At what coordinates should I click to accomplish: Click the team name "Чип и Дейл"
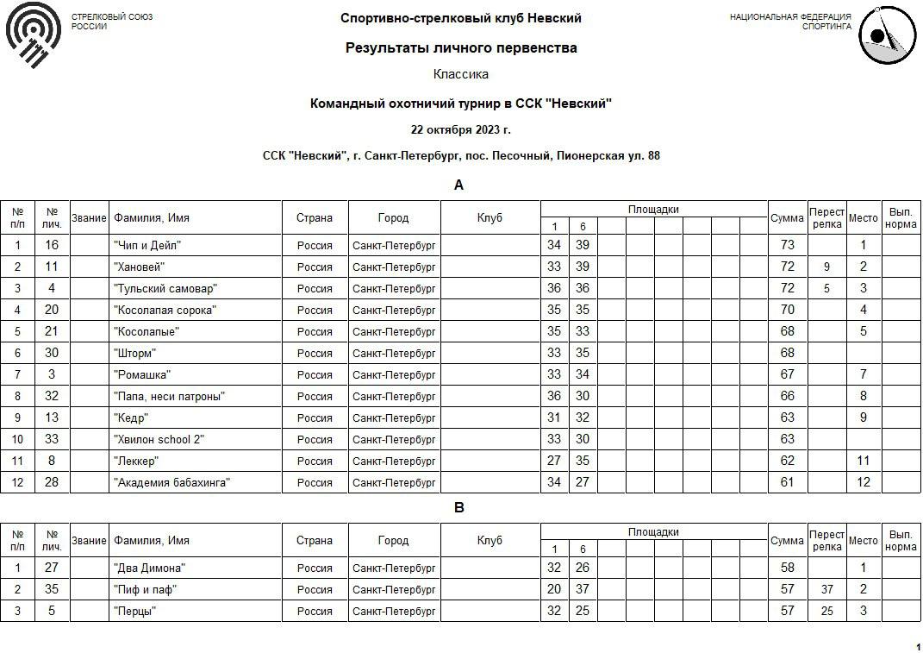pyautogui.click(x=147, y=246)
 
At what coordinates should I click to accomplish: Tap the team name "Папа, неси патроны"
pyautogui.click(x=169, y=397)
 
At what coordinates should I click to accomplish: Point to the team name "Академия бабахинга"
pyautogui.click(x=172, y=483)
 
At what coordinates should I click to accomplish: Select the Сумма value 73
pyautogui.click(x=787, y=246)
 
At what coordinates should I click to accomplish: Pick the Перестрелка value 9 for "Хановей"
pyautogui.click(x=826, y=267)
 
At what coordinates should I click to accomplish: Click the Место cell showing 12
pyautogui.click(x=864, y=483)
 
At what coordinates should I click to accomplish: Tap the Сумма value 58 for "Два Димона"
pyautogui.click(x=787, y=568)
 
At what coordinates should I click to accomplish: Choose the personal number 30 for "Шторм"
pyautogui.click(x=52, y=354)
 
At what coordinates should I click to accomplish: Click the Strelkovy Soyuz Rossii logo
pyautogui.click(x=34, y=34)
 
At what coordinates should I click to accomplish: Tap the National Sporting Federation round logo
pyautogui.click(x=887, y=35)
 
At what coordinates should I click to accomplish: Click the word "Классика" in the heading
pyautogui.click(x=461, y=74)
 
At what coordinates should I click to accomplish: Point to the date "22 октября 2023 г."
pyautogui.click(x=461, y=130)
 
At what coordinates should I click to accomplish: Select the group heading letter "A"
pyautogui.click(x=458, y=185)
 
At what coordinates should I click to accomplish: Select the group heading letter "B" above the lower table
pyautogui.click(x=458, y=508)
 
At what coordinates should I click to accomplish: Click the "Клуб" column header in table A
pyautogui.click(x=490, y=218)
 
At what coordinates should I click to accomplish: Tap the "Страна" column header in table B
pyautogui.click(x=315, y=541)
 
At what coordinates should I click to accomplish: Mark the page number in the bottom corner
pyautogui.click(x=918, y=647)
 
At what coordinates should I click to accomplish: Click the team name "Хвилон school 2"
pyautogui.click(x=159, y=440)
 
